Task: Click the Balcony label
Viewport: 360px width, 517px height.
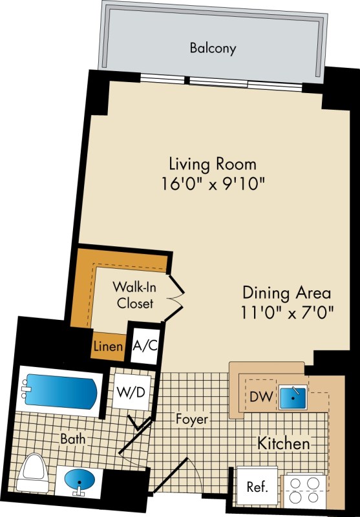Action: pyautogui.click(x=213, y=48)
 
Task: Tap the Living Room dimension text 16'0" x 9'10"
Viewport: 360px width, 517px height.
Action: pyautogui.click(x=213, y=184)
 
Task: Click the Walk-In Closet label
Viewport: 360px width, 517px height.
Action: pyautogui.click(x=135, y=295)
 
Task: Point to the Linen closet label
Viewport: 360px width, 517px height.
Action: pyautogui.click(x=109, y=346)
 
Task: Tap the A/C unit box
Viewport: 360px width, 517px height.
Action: pyautogui.click(x=145, y=346)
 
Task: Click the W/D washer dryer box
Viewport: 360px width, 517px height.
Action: pyautogui.click(x=131, y=392)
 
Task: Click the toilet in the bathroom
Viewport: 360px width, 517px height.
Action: pyautogui.click(x=33, y=472)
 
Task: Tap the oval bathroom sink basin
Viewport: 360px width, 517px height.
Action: pyautogui.click(x=79, y=478)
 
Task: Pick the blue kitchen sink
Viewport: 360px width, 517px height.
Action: pyautogui.click(x=293, y=397)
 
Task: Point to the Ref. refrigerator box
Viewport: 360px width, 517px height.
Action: pyautogui.click(x=257, y=487)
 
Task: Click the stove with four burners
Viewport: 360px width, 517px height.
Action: pyautogui.click(x=304, y=491)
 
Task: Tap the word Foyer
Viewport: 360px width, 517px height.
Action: pyautogui.click(x=192, y=419)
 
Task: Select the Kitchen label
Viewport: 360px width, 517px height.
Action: pyautogui.click(x=284, y=443)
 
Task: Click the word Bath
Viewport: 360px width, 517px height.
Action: pyautogui.click(x=73, y=439)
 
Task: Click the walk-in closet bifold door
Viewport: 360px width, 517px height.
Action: pyautogui.click(x=175, y=299)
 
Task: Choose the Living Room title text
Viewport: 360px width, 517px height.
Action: pyautogui.click(x=213, y=164)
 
